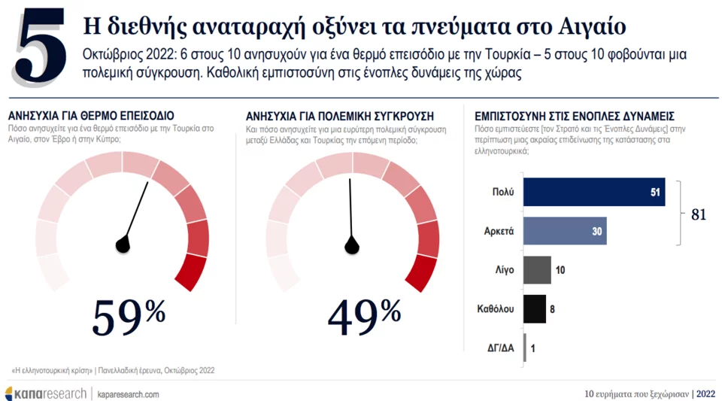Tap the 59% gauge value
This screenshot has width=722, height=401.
point(129,318)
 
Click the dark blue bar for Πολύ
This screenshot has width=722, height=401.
point(594,192)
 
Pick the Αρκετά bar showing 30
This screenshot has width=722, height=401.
point(565,231)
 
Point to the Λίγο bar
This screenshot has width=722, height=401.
point(537,269)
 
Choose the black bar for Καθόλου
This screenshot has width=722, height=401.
point(534,308)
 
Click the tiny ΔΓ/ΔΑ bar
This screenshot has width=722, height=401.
point(525,348)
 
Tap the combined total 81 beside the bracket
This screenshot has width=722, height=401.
point(699,214)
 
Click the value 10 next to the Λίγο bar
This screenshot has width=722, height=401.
point(560,269)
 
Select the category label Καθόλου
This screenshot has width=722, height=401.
point(496,308)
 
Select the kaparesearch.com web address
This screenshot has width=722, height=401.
point(128,394)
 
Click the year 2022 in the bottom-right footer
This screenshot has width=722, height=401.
point(706,393)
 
